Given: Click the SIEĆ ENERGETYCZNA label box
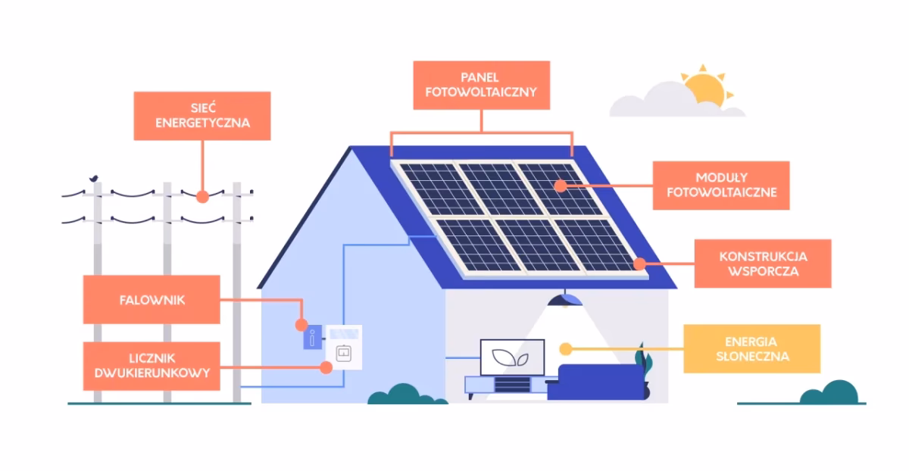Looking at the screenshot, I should pos(202,116).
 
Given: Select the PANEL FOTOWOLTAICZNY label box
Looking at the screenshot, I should pos(482,86).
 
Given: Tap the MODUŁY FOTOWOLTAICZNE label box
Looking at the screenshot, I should pos(721,186).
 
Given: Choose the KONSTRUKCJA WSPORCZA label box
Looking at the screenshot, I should pos(762,264).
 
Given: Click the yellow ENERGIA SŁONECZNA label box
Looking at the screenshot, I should pos(751,349).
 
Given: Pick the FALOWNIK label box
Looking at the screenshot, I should pos(151,300).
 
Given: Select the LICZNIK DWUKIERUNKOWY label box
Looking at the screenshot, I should pos(151,366).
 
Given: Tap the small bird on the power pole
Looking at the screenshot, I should pos(95,179).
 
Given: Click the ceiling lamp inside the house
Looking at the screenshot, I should pos(565,300).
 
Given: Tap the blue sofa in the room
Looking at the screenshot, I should pos(595,381).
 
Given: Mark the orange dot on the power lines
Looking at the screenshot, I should pos(202,196).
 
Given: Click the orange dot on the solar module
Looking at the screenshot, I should pos(560,186).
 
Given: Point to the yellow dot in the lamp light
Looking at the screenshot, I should pos(564,349).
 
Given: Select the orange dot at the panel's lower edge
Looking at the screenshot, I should pos(639,264).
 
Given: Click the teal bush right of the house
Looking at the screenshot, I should pos(829,394).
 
